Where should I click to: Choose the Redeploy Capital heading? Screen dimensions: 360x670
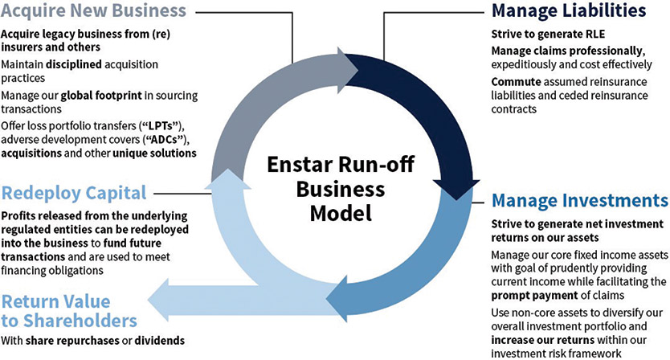(x=73, y=194)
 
